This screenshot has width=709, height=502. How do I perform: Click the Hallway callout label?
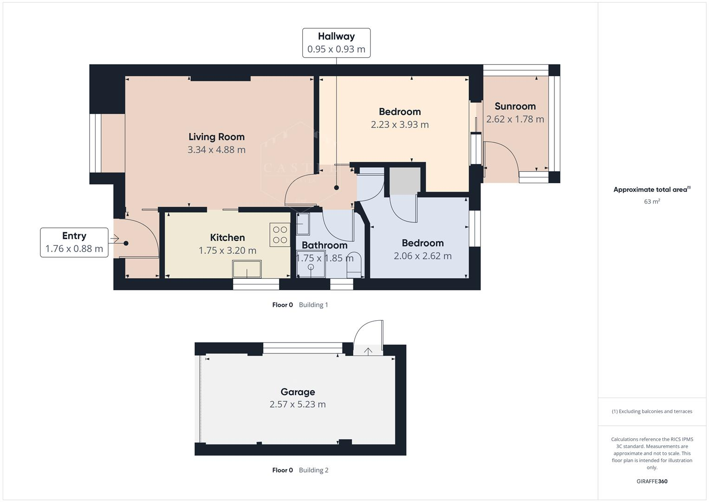[336, 43]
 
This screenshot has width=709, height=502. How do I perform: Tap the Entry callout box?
[74, 242]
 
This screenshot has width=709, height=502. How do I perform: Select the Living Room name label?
[216, 137]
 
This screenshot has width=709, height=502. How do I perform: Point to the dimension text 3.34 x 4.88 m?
[216, 150]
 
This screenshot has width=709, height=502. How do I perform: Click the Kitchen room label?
[227, 238]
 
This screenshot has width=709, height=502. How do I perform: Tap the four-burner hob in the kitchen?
[280, 235]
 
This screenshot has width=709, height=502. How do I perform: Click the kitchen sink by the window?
[247, 269]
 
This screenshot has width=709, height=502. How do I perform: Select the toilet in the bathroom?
[354, 264]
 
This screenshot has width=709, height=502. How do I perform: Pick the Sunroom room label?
[515, 106]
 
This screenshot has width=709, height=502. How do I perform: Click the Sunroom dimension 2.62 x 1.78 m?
[515, 119]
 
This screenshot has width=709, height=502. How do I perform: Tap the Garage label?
[298, 392]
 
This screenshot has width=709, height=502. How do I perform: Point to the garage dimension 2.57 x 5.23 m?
[298, 404]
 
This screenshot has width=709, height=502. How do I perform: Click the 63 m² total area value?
[652, 202]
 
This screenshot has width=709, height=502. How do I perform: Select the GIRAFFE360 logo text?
[652, 481]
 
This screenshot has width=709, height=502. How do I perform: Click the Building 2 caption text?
[313, 470]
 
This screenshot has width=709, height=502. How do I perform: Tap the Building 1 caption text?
[313, 305]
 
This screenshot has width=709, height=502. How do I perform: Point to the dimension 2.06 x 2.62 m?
[423, 256]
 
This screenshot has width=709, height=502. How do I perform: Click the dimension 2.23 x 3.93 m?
[400, 125]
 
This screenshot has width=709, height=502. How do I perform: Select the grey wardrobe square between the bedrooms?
[404, 181]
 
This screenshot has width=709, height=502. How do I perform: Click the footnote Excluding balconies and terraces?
[652, 411]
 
